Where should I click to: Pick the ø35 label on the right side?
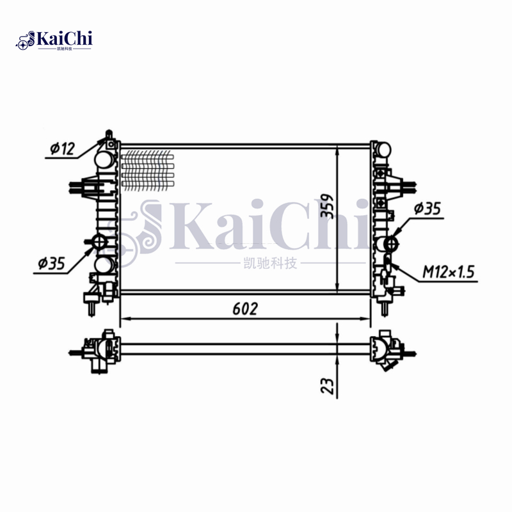click(427, 209)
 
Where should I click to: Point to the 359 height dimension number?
click(328, 206)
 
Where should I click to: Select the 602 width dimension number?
click(244, 308)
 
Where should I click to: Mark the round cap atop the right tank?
click(381, 149)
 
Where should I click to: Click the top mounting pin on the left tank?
click(109, 135)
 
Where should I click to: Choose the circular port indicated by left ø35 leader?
click(100, 243)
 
